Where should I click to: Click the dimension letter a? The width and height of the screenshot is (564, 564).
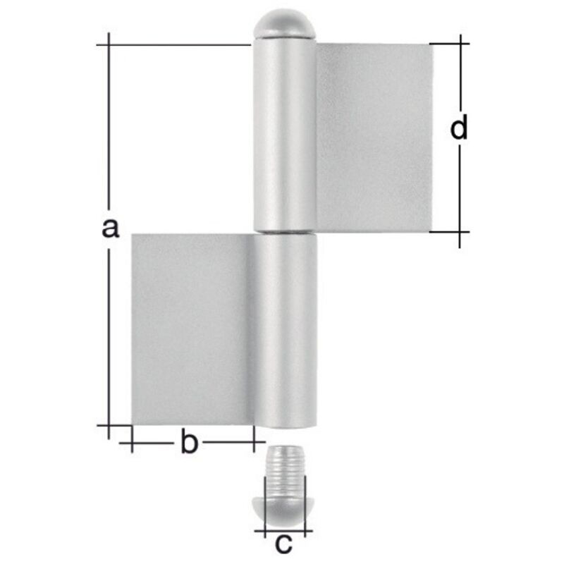click(108, 228)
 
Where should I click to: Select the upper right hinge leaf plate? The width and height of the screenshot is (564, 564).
click(374, 137)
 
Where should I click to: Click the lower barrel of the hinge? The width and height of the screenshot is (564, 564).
click(286, 331)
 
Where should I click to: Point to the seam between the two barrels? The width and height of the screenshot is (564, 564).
click(285, 233)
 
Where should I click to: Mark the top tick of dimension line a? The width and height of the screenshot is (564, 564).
click(108, 44)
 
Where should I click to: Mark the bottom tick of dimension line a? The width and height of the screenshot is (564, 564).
click(108, 425)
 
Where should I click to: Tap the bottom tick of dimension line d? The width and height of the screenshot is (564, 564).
click(460, 231)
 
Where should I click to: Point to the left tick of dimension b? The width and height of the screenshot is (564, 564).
click(131, 443)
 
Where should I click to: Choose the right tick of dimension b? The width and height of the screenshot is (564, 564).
click(253, 443)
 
